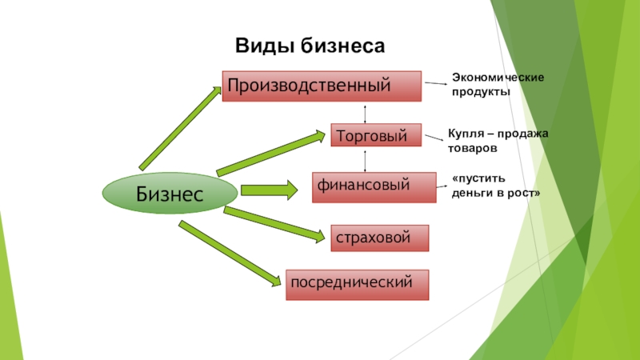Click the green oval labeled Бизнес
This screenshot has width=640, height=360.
[170, 193]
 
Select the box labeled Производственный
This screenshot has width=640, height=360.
[322, 85]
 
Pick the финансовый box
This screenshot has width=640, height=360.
[366, 186]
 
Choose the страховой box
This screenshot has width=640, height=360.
[379, 238]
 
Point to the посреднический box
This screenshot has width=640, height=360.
[357, 283]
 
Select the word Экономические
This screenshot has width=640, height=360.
[498, 77]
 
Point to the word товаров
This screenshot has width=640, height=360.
[473, 149]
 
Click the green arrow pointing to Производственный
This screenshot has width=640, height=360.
[181, 127]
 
